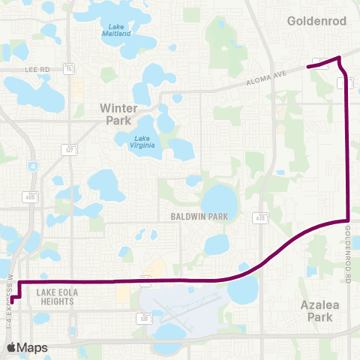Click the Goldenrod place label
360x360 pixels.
click(316, 22)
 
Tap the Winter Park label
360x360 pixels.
click(119, 114)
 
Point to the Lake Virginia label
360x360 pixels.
click(145, 142)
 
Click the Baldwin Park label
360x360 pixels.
click(198, 216)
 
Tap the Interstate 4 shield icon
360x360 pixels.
click(32, 166)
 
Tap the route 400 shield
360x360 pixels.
click(31, 196)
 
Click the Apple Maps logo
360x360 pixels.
click(27, 347)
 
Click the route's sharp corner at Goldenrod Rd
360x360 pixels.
click(349, 220)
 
